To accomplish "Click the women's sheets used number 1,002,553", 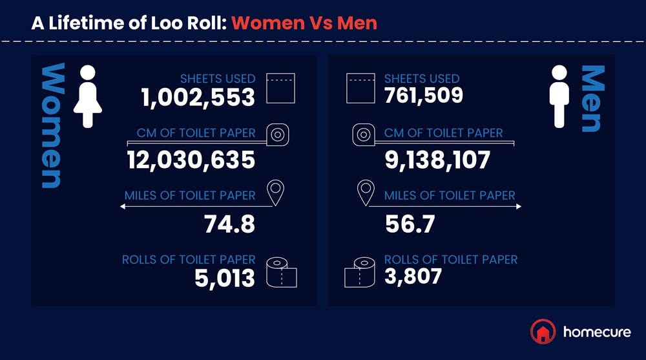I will pos(198,97).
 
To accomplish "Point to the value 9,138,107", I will pos(437,159).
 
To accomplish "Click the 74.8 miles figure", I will pos(229,224).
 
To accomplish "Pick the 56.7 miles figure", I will pos(410,224).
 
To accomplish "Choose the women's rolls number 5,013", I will pos(225,278).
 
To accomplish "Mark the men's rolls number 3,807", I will pos(413,277).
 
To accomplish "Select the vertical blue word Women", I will pos(52,126).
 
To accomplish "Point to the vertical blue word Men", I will pos(593,99).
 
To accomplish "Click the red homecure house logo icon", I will pos(543,332).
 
